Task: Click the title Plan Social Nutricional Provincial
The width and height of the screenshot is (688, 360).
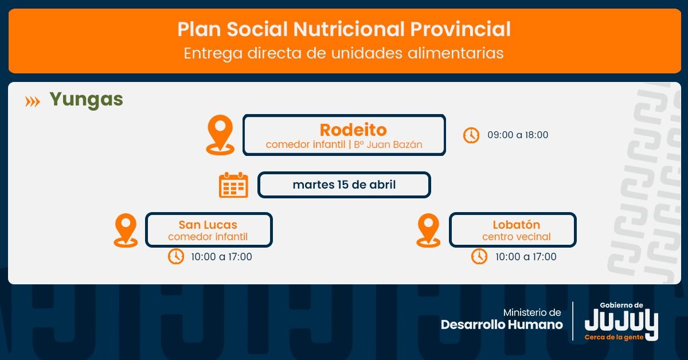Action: tap(344, 29)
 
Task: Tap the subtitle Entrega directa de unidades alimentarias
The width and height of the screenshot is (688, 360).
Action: tap(343, 53)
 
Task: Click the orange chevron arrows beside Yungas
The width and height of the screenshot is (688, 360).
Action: tap(33, 101)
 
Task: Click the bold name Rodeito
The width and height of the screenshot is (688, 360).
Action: tap(353, 130)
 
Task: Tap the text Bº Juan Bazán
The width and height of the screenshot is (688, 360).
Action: tap(388, 144)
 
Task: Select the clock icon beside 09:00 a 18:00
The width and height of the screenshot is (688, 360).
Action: tap(471, 135)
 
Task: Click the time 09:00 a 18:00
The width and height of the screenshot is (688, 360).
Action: tap(518, 135)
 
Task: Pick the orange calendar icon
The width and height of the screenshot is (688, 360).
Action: tap(233, 185)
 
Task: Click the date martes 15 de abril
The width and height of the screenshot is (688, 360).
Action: tap(344, 185)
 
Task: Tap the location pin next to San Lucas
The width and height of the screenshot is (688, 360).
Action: tap(126, 230)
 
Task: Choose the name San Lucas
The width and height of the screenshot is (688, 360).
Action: tap(208, 225)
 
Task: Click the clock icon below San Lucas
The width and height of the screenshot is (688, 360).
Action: tap(176, 256)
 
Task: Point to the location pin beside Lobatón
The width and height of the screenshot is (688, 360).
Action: tap(428, 230)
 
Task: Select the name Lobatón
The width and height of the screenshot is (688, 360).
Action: tap(517, 225)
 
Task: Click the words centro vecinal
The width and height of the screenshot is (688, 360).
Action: tap(517, 237)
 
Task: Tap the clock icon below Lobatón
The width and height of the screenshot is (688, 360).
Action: tap(479, 256)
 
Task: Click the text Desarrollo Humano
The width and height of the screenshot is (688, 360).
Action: tap(502, 324)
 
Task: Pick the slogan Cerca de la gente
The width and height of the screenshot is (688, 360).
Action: tap(614, 337)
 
